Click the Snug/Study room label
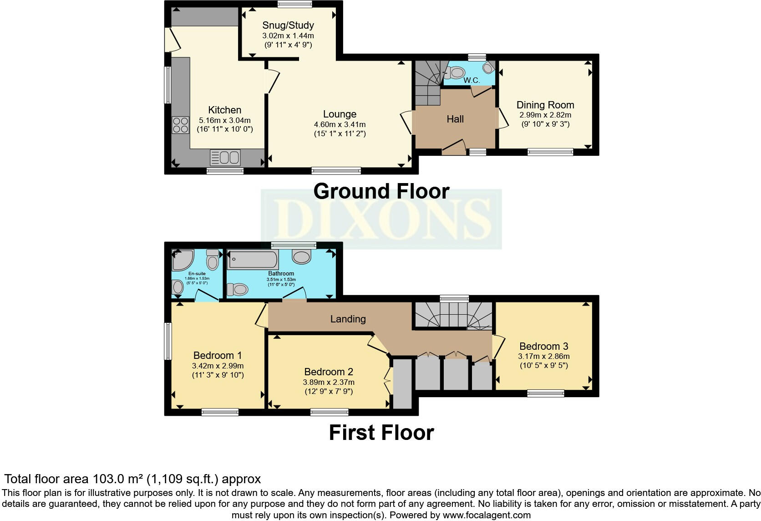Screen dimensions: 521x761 click(288, 26)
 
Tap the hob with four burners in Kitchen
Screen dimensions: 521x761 click(180, 124)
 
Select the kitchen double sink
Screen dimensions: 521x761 click(225, 158)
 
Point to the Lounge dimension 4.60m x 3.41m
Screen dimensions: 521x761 click(340, 124)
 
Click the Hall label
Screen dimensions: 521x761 click(455, 119)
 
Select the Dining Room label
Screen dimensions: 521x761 click(545, 105)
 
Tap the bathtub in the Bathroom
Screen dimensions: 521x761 click(253, 260)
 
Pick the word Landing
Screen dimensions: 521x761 click(348, 319)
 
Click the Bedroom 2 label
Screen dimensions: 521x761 click(329, 372)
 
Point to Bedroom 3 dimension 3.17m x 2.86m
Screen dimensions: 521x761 click(544, 356)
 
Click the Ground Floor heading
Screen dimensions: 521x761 click(381, 191)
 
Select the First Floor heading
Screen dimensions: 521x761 click(381, 432)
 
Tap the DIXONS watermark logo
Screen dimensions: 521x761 click(381, 219)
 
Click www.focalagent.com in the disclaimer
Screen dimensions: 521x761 click(487, 515)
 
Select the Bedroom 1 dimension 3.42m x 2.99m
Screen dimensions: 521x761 click(218, 366)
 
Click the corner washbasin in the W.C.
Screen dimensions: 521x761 click(487, 68)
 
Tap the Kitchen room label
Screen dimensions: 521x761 click(224, 110)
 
